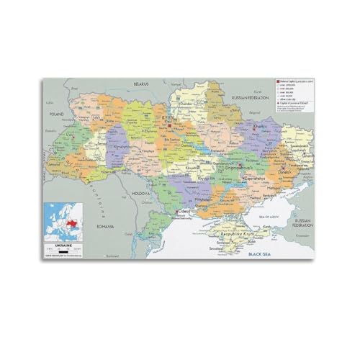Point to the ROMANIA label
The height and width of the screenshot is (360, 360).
point(106,226)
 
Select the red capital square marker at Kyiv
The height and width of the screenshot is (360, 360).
point(171,123)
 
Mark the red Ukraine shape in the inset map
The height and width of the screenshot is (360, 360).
point(71,217)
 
